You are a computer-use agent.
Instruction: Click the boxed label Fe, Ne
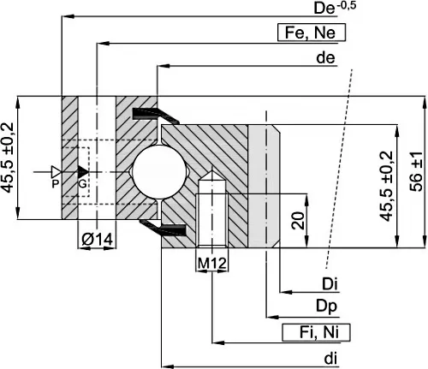[x=312, y=33]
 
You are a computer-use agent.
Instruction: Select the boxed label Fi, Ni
[x=316, y=332]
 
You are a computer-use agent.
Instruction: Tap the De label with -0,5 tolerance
[x=335, y=8]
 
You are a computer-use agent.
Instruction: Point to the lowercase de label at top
[x=325, y=58]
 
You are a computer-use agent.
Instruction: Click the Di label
[x=330, y=284]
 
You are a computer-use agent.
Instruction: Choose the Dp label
[x=326, y=307]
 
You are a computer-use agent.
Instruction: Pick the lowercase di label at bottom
[x=330, y=359]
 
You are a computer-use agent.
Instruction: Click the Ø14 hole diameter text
[x=98, y=239]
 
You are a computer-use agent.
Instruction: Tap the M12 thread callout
[x=212, y=263]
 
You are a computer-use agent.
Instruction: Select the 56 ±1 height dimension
[x=416, y=171]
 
